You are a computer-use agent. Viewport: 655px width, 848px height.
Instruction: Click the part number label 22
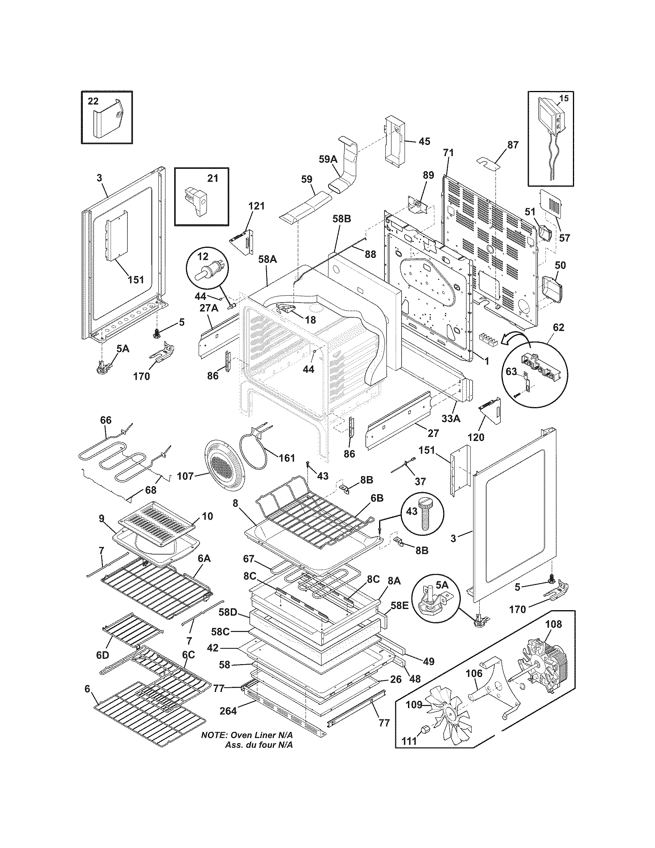[93, 101]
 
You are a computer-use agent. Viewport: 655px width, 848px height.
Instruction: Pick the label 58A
[267, 259]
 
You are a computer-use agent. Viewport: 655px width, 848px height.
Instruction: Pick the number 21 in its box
[213, 178]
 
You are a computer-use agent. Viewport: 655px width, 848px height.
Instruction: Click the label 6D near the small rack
[102, 655]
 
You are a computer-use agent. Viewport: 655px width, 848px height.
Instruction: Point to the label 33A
[451, 419]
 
